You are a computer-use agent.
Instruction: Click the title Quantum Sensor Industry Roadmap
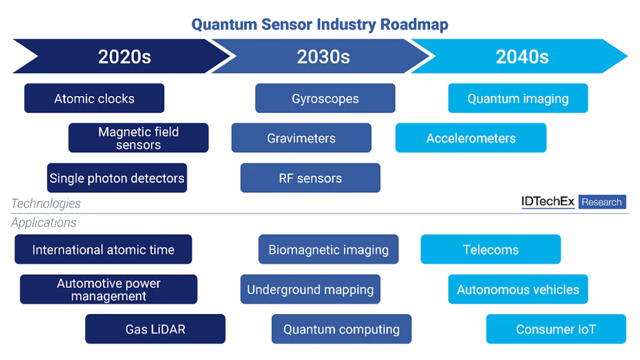(319, 25)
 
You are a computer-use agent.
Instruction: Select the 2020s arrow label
(124, 57)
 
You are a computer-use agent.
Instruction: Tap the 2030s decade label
(323, 57)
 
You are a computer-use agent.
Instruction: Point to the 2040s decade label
(522, 57)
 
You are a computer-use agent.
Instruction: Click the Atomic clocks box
(94, 98)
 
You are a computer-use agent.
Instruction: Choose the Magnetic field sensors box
(138, 138)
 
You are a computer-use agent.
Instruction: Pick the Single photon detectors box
(117, 178)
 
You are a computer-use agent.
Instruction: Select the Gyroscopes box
(325, 98)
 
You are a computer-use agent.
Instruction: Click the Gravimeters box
(301, 138)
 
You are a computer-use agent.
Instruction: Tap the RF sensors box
(310, 178)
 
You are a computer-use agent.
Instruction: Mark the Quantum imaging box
(518, 98)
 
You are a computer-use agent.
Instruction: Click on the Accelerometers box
(471, 138)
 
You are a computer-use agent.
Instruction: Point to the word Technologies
(46, 203)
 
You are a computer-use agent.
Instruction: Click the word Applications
(44, 222)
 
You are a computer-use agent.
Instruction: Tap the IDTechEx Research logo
(573, 202)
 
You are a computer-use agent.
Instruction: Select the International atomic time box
(103, 250)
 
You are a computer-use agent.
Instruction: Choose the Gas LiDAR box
(155, 329)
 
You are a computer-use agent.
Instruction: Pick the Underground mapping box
(310, 290)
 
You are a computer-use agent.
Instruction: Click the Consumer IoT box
(556, 329)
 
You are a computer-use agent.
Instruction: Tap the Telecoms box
(491, 250)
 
